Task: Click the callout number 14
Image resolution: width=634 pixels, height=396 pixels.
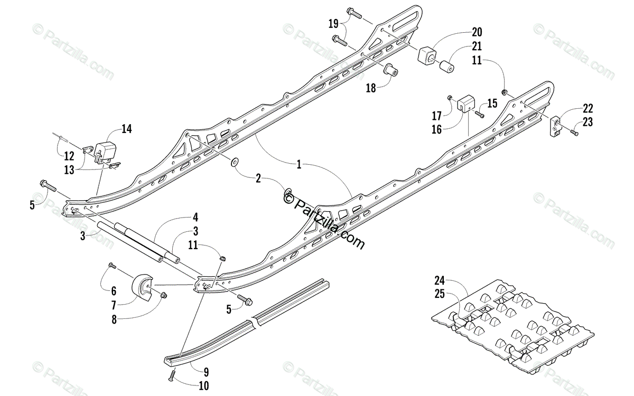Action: pyautogui.click(x=126, y=129)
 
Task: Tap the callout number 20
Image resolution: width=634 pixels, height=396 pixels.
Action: pyautogui.click(x=477, y=32)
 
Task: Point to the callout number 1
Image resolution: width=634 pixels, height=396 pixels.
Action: pyautogui.click(x=299, y=165)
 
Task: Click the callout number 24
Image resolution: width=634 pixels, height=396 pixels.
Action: pyautogui.click(x=440, y=280)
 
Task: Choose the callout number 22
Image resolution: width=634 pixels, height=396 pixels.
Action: pyautogui.click(x=588, y=108)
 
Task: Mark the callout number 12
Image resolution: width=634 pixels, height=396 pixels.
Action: pyautogui.click(x=70, y=156)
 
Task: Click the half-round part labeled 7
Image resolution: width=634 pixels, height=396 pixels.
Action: pyautogui.click(x=142, y=287)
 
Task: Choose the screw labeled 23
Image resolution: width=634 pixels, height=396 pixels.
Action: pyautogui.click(x=574, y=133)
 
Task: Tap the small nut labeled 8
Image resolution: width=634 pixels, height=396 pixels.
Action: pyautogui.click(x=163, y=295)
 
